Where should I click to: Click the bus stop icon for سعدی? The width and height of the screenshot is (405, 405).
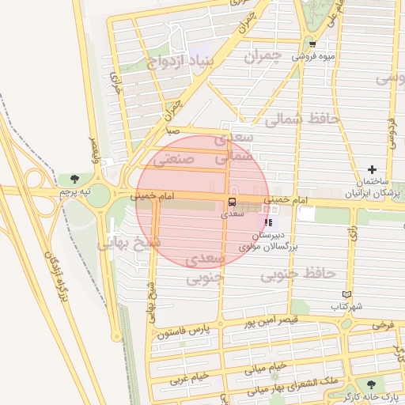pos(232,202)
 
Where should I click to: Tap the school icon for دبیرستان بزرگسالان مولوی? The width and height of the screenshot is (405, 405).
pos(268,223)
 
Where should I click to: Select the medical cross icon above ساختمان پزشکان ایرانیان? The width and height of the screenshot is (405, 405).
pos(372,169)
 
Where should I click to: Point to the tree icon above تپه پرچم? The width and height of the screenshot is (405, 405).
pos(74,180)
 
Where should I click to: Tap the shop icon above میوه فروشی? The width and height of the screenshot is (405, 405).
pos(312,44)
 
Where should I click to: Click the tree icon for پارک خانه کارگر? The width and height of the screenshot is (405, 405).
pos(372,385)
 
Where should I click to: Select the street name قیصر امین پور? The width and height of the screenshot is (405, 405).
pos(281,323)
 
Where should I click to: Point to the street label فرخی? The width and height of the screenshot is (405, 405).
pos(383,325)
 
